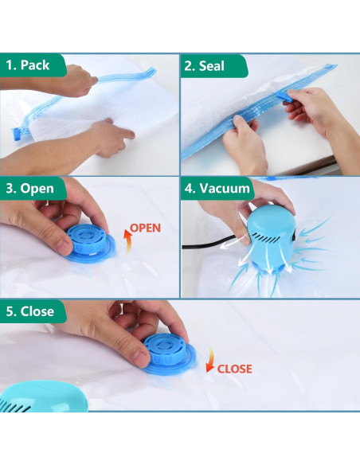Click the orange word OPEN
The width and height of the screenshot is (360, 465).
click(x=145, y=228)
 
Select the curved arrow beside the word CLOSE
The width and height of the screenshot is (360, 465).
click(x=209, y=362)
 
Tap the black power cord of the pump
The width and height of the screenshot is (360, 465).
click(x=209, y=247)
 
